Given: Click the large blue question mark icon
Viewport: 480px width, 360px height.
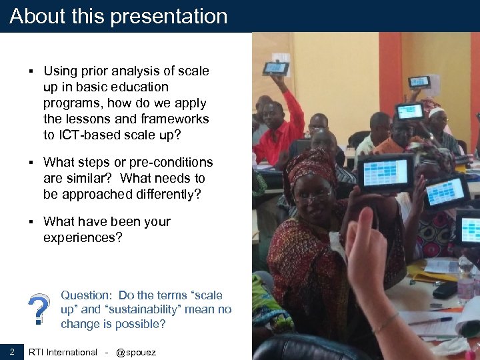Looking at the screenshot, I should click(x=39, y=310).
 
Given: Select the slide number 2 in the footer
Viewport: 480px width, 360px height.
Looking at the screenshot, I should click(x=12, y=351).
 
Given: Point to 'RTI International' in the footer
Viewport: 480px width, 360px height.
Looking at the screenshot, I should click(x=63, y=352).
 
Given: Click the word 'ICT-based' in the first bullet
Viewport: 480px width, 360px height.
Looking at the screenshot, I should click(x=91, y=135).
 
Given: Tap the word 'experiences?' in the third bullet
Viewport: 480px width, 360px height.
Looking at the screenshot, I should click(x=83, y=237).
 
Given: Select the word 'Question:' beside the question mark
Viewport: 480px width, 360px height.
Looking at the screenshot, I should click(x=86, y=295).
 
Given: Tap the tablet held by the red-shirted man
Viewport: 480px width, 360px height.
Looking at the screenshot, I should click(x=275, y=68).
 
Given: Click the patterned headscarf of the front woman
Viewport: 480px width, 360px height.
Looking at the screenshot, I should click(x=310, y=165).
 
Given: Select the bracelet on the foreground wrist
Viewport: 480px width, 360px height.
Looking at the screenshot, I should click(x=386, y=323).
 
